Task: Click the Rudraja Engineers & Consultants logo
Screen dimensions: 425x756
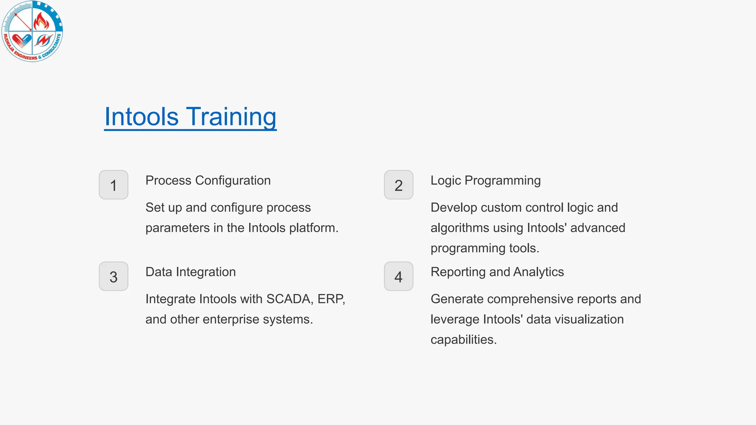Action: [x=32, y=31]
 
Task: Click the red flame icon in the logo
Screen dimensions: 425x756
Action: [x=41, y=21]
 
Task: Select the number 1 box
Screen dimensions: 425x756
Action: [x=113, y=185]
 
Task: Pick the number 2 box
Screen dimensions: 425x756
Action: [x=398, y=185]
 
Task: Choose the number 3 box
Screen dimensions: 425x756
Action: [x=113, y=276]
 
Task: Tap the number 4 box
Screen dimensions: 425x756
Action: [x=398, y=276]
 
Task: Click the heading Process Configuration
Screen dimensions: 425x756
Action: [x=208, y=180]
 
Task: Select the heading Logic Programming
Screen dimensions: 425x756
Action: [x=485, y=180]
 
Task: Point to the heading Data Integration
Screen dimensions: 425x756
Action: [x=190, y=272]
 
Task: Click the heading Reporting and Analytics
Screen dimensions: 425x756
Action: [x=497, y=272]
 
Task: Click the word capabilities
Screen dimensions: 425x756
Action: [x=463, y=340]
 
